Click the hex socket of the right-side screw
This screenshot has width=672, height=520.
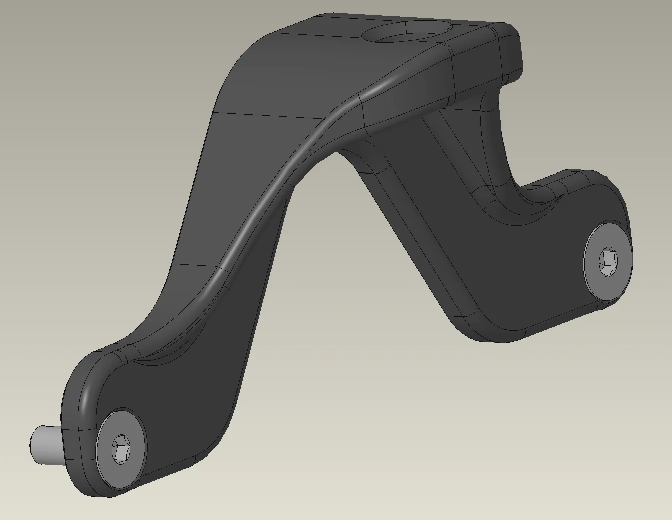coord(608,262)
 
